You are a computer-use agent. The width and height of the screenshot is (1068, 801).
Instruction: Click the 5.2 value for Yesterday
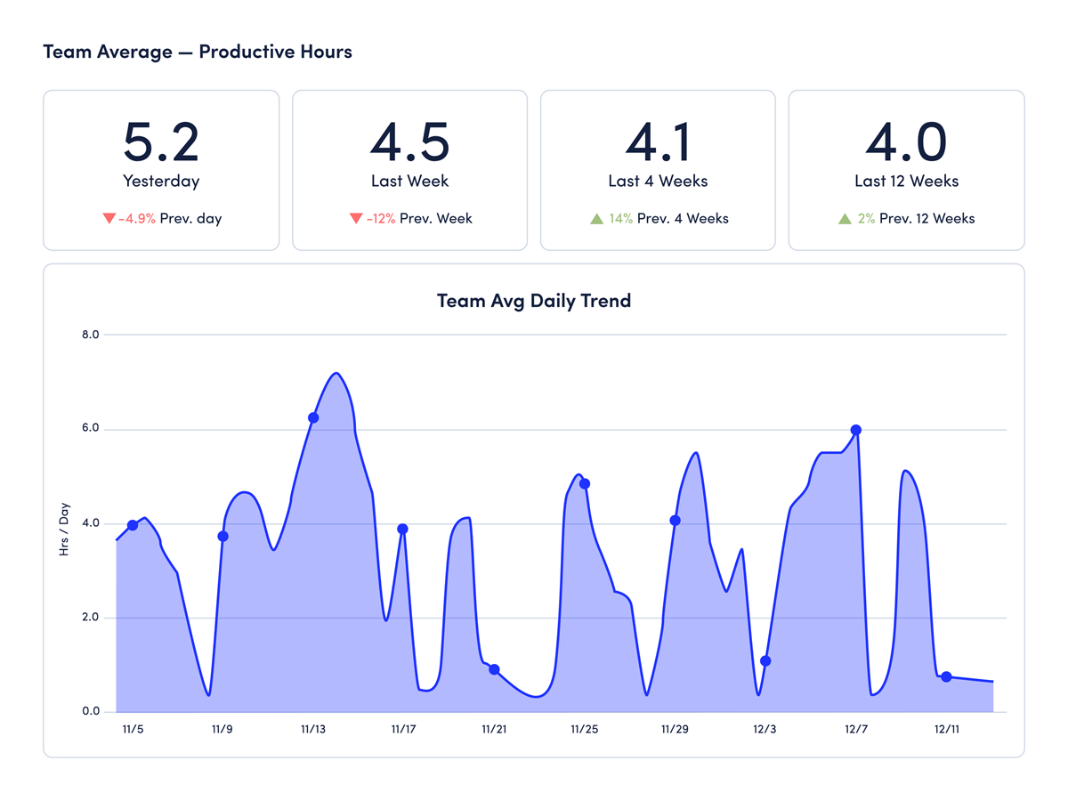pos(161,141)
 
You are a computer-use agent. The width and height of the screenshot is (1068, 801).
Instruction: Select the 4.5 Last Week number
pos(409,141)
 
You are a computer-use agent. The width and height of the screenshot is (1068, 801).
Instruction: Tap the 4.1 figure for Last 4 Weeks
pos(658,141)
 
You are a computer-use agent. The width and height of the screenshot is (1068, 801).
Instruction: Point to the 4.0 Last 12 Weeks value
pos(906,141)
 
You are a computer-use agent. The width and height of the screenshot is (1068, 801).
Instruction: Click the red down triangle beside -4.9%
pos(109,218)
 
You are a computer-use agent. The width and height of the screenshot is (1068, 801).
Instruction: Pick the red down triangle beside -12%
pos(356,218)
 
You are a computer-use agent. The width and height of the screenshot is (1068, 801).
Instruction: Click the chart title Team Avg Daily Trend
pos(534,300)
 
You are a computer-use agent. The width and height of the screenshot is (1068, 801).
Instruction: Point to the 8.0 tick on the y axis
pos(90,335)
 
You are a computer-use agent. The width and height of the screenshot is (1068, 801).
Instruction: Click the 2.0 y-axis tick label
pos(90,618)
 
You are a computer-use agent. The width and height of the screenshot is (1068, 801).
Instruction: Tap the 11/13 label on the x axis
pos(313,729)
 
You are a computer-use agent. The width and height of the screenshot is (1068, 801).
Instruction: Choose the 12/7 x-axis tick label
pos(856,729)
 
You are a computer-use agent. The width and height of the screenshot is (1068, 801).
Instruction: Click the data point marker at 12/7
pos(856,430)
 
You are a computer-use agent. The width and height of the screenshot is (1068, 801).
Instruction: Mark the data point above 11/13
pos(313,417)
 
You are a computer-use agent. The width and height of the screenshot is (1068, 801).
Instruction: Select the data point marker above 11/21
pos(494,669)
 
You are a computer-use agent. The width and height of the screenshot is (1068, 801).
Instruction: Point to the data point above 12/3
pos(765,661)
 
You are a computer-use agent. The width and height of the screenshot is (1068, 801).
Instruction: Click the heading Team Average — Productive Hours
pos(198,52)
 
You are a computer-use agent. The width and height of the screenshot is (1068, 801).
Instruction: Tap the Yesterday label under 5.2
pos(161,181)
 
